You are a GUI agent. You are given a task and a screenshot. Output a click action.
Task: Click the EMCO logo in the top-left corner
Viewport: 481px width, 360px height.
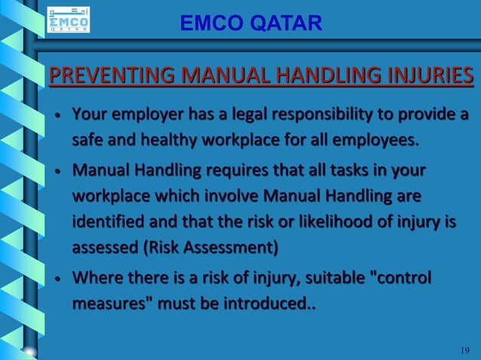(x=68, y=20)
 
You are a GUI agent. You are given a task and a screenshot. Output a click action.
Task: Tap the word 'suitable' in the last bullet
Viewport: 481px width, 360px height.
(x=326, y=279)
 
